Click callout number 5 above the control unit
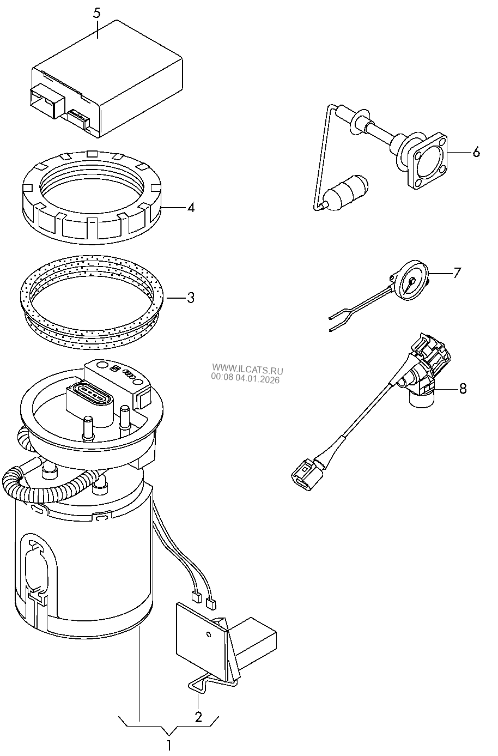click(x=96, y=13)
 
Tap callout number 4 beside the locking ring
click(x=190, y=208)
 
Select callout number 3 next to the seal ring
click(x=190, y=298)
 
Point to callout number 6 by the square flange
click(x=476, y=152)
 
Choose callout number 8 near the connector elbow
click(x=463, y=388)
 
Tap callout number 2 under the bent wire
click(x=198, y=716)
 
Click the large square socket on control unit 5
click(x=46, y=100)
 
